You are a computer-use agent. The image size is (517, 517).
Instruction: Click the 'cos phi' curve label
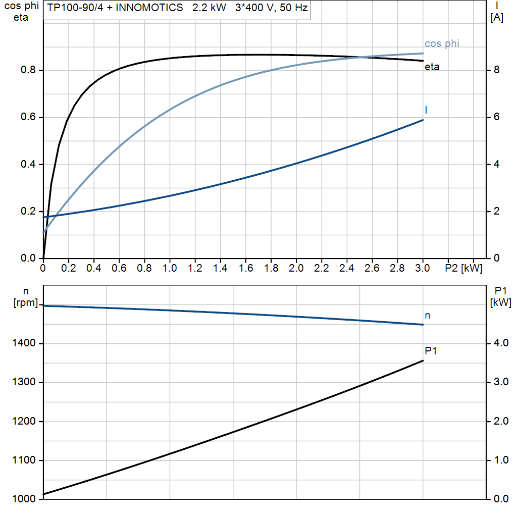click(441, 44)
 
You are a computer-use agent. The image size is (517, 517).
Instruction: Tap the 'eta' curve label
click(432, 67)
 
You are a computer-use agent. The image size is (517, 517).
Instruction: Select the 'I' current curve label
click(427, 110)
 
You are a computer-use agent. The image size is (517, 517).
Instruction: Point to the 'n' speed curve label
click(428, 316)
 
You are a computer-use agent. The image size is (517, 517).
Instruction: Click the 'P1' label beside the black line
click(430, 351)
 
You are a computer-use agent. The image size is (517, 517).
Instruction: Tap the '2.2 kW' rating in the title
click(209, 9)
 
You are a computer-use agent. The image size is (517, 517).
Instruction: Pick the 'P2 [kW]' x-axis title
click(463, 268)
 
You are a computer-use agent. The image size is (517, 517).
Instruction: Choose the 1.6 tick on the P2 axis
click(245, 268)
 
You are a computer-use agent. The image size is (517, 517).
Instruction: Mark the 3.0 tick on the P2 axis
click(423, 268)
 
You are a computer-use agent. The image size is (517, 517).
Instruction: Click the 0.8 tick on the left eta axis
click(28, 70)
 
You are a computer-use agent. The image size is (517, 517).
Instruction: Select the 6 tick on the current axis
click(496, 117)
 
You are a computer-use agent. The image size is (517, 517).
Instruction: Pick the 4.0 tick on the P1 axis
click(500, 344)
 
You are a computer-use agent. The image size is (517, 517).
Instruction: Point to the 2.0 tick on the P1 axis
click(500, 422)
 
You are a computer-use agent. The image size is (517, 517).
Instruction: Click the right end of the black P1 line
click(423, 360)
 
